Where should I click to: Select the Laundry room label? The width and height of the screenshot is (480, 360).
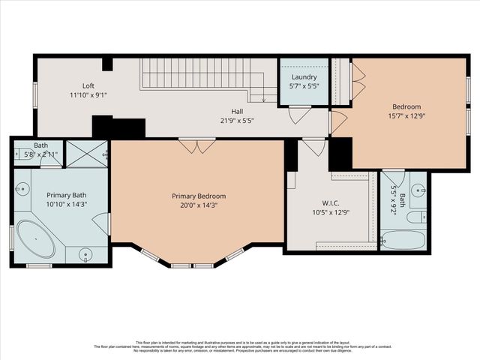[x=304, y=76]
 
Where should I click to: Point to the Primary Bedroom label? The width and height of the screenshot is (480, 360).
[x=198, y=196]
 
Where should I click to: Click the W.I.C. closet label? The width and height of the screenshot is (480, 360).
[x=331, y=202]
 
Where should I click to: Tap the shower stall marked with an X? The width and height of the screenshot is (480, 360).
[x=86, y=153]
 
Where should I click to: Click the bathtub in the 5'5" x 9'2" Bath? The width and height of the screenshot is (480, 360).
[x=403, y=240]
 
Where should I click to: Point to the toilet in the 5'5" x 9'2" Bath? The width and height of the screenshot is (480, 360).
[x=416, y=217]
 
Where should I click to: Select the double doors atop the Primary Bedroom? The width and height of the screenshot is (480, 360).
[x=197, y=145]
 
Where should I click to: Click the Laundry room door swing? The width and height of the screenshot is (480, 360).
[x=300, y=115]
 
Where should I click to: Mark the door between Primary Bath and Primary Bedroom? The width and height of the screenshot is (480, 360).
[x=102, y=223]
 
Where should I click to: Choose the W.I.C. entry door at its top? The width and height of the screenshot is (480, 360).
[x=314, y=147]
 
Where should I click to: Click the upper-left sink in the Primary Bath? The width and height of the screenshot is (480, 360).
[x=22, y=187]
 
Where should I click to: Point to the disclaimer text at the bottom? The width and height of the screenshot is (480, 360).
[x=240, y=346]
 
